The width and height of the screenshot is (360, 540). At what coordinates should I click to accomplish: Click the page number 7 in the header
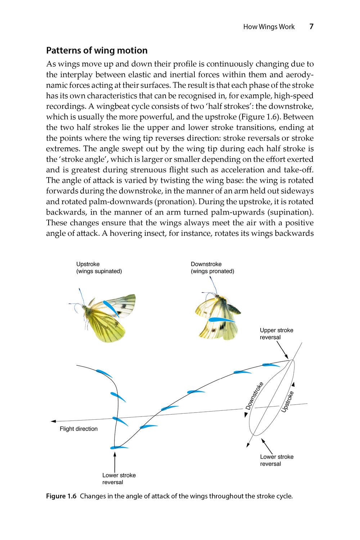coord(311,26)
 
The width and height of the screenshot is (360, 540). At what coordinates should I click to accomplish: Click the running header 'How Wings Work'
coord(269,27)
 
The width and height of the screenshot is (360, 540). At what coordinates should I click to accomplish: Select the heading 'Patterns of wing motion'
coord(97,50)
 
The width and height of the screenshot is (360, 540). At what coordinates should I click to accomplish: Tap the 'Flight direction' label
coord(78,429)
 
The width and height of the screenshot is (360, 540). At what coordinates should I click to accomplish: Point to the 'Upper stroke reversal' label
coord(276,334)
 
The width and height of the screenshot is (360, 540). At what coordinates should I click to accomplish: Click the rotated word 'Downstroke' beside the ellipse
coord(254,396)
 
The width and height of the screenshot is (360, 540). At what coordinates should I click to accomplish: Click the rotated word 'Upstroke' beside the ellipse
coord(287,402)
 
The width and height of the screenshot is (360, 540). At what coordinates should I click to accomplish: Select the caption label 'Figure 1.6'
coord(61,496)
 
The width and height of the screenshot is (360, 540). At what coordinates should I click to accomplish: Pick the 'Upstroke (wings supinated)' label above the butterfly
coord(99,267)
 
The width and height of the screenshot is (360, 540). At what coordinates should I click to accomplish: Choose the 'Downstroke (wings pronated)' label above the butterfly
coord(212,267)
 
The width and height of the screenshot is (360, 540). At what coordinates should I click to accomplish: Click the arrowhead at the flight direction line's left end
coord(53,421)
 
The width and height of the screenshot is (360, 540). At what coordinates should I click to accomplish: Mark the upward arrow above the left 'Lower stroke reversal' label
coord(115,461)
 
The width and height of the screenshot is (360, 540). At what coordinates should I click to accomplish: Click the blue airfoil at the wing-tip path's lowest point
coord(119,447)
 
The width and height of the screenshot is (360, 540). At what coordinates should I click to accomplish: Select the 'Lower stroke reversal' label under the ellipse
coord(276,460)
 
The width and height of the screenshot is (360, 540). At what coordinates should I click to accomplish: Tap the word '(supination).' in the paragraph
coord(291,212)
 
